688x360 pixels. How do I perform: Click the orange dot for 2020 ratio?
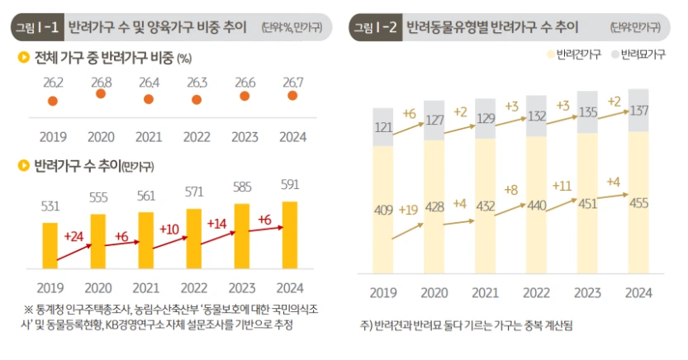pos(101,94)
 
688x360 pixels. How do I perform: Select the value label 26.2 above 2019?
pos(53,82)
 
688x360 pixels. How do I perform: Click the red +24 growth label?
pos(73,238)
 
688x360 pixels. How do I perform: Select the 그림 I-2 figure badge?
pos(376,27)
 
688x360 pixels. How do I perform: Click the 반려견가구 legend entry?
pos(573,57)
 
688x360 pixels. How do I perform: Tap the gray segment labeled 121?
pos(383,127)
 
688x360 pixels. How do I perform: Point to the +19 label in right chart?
pos(408,209)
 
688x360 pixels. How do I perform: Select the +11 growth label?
pos(562,185)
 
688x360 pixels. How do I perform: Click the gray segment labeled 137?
pos(638,111)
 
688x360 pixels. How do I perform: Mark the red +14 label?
pos(216,223)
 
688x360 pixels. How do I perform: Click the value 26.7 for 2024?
pos(291,82)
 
